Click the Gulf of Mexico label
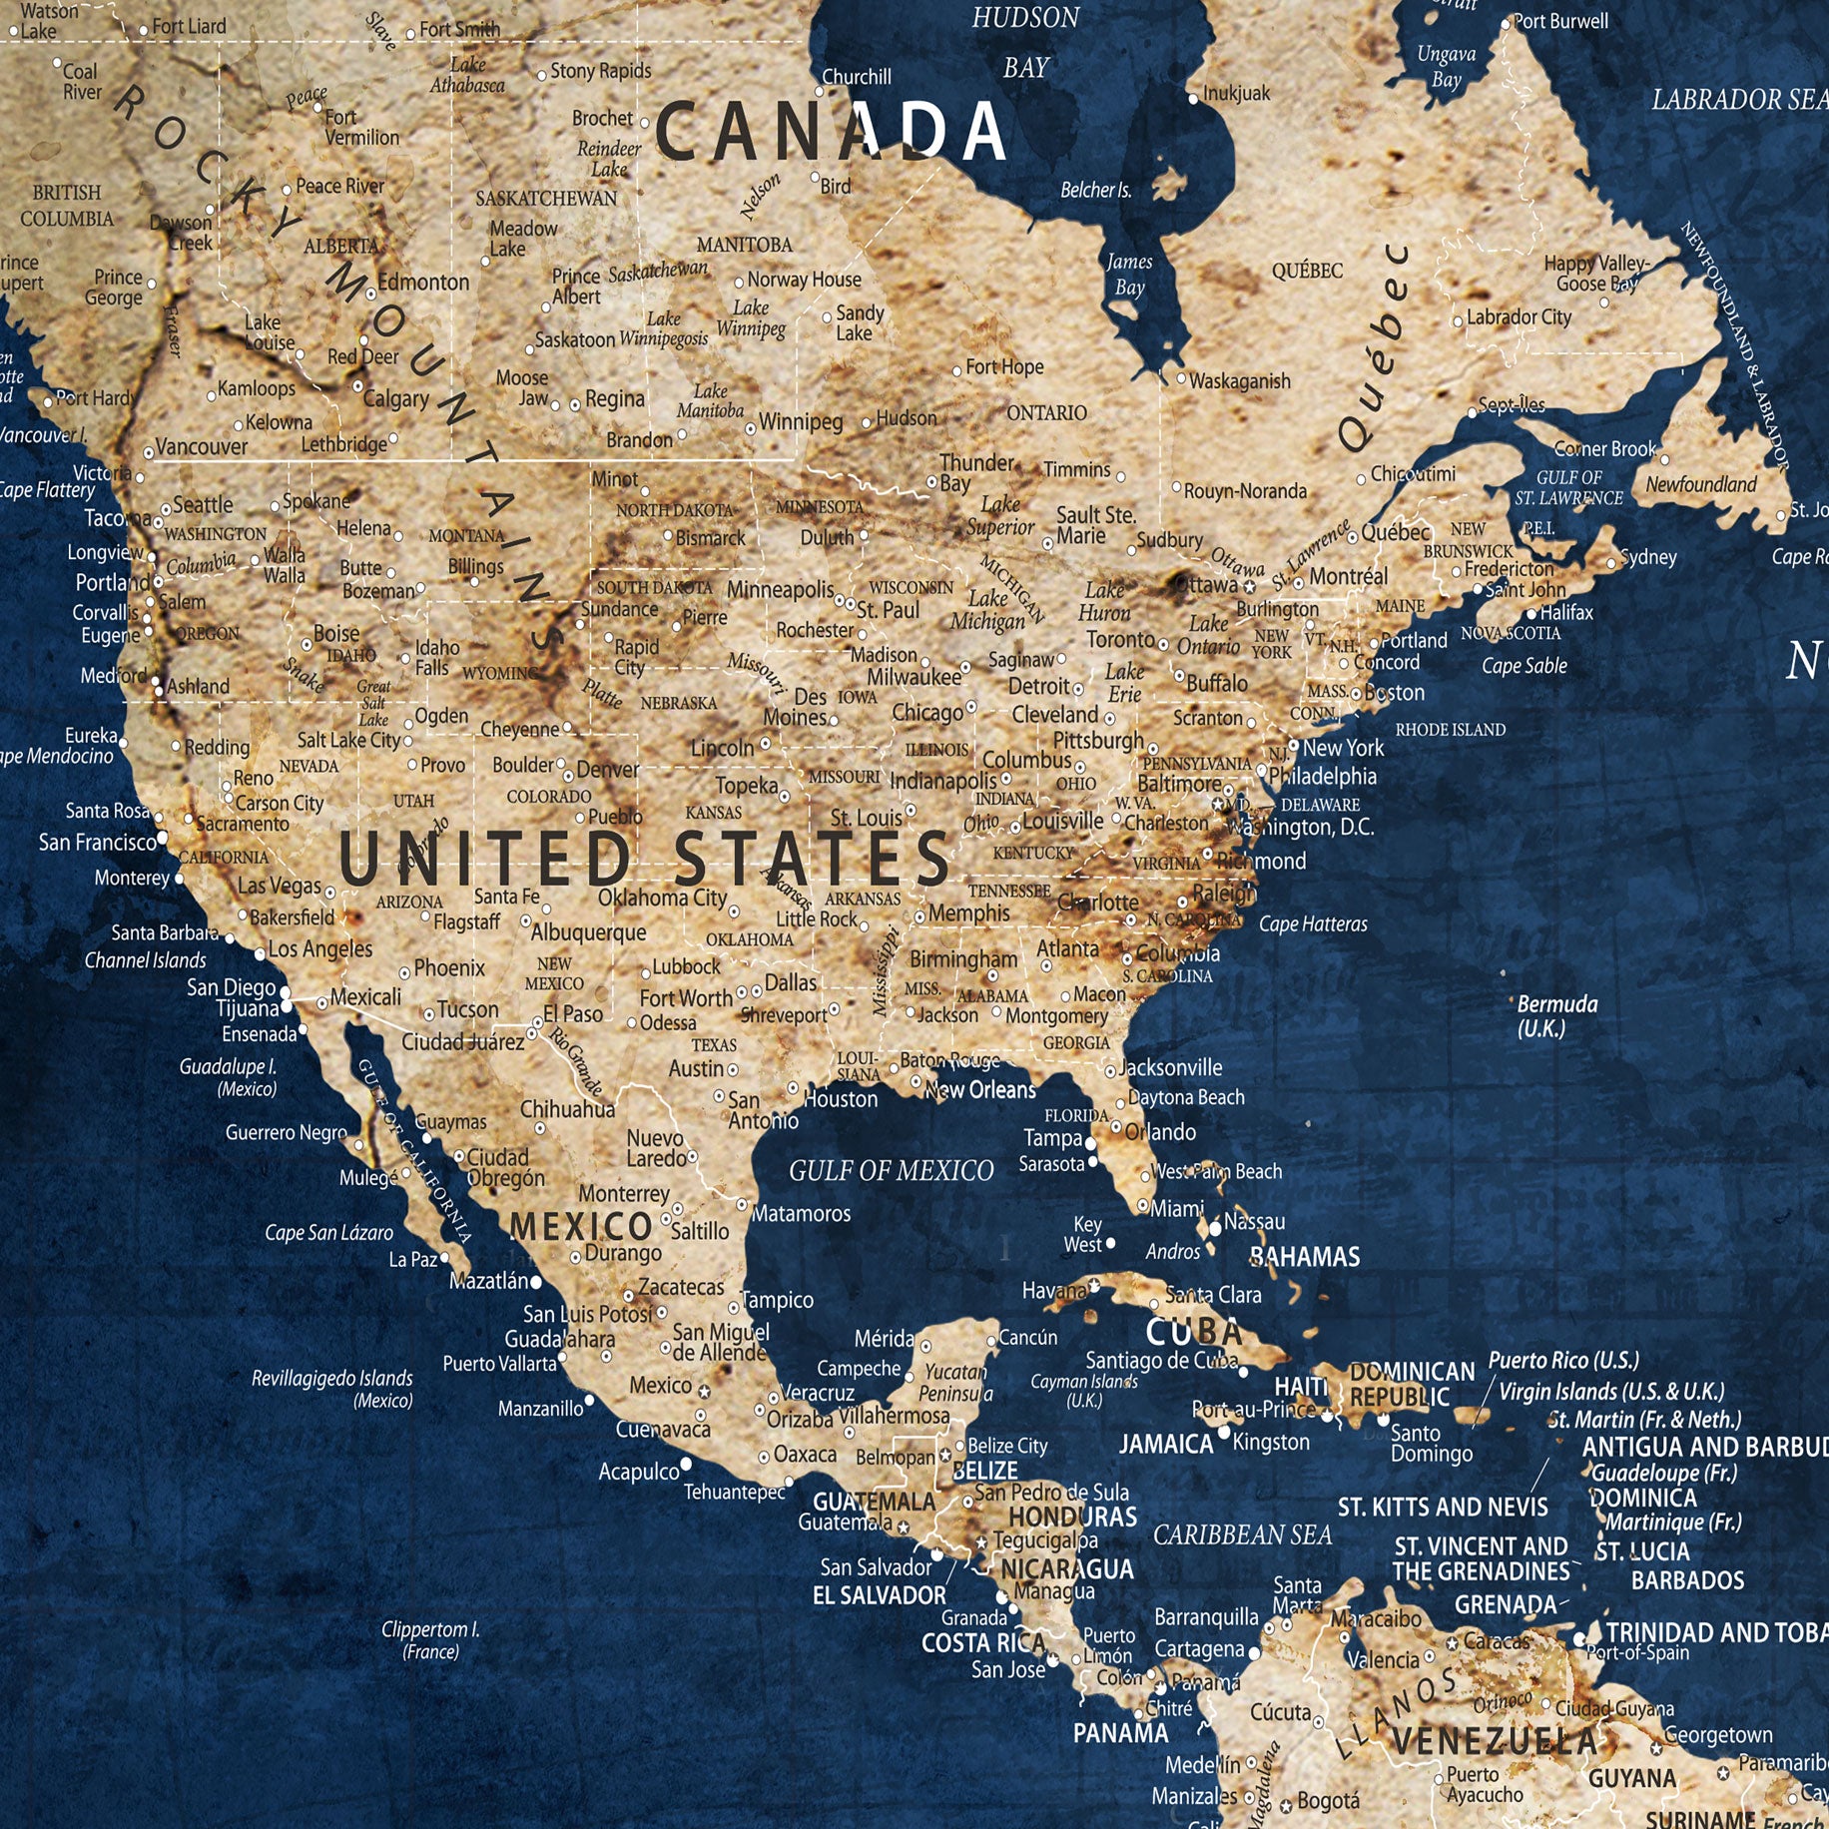click(891, 1170)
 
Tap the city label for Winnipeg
click(801, 422)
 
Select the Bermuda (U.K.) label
click(1556, 1015)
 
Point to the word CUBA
click(1194, 1332)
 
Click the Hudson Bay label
click(1025, 42)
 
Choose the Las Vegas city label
click(279, 886)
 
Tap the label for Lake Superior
click(999, 516)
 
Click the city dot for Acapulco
click(687, 1465)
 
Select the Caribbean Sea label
click(1242, 1534)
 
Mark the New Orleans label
click(980, 1090)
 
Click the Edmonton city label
click(422, 283)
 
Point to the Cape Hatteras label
click(1313, 924)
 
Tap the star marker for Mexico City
click(704, 1391)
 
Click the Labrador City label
click(1519, 317)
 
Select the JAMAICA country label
click(1165, 1444)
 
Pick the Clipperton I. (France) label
click(430, 1640)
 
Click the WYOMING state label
click(500, 674)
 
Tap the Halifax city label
click(1565, 612)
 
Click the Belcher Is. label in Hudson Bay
click(1095, 190)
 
